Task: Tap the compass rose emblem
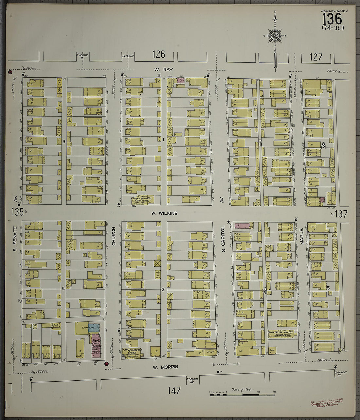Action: tap(275, 35)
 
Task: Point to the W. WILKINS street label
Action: tap(164, 213)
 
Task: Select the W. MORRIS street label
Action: tap(165, 367)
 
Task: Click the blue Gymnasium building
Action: tap(94, 328)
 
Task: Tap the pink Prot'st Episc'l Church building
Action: tap(96, 346)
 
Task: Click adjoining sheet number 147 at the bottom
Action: tap(174, 390)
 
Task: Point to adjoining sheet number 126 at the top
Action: tap(159, 54)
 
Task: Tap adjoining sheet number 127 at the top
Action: tap(316, 57)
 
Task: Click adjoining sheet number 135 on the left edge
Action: tap(17, 212)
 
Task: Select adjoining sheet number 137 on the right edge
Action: tap(340, 214)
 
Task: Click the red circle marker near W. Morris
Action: tap(106, 363)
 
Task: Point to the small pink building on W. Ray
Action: tap(181, 80)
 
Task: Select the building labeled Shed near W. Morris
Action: tap(272, 350)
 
